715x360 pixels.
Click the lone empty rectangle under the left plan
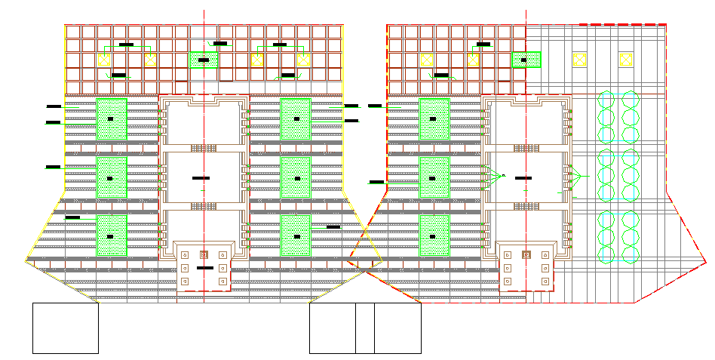tap(66, 328)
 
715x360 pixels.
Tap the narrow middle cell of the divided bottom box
tap(365, 328)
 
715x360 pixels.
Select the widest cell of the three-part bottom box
tap(332, 328)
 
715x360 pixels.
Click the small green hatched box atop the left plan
tap(204, 60)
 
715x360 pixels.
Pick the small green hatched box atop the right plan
tap(526, 60)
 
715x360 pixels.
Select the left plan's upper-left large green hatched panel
tap(112, 118)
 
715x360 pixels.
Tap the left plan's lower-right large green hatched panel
tap(296, 235)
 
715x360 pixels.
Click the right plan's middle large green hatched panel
tap(434, 177)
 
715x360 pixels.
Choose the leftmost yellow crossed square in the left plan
tap(105, 60)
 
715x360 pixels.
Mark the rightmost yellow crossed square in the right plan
tap(625, 60)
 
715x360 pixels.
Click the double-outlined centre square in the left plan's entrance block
tap(204, 255)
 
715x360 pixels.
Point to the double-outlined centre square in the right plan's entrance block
tap(526, 255)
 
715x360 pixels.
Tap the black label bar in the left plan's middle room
tap(201, 178)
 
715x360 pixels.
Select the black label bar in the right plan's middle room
tap(522, 177)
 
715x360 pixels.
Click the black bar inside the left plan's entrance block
tap(204, 268)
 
